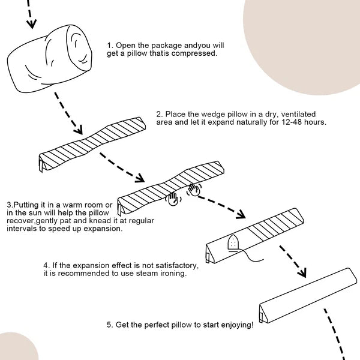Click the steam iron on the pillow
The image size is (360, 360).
coord(233,243)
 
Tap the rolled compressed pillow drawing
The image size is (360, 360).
coord(50,59)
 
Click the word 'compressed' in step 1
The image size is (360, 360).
coord(194,53)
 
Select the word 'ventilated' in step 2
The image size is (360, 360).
coord(298,114)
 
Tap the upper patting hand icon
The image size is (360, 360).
coord(194,190)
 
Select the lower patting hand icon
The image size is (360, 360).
coord(173,199)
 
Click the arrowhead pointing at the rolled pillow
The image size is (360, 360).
coord(32,24)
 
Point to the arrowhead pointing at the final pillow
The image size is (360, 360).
coord(302,273)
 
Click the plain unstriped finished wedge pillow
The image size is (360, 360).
coord(308,295)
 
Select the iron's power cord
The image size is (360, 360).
coord(251,256)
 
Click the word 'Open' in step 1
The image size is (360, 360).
coord(126,46)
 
